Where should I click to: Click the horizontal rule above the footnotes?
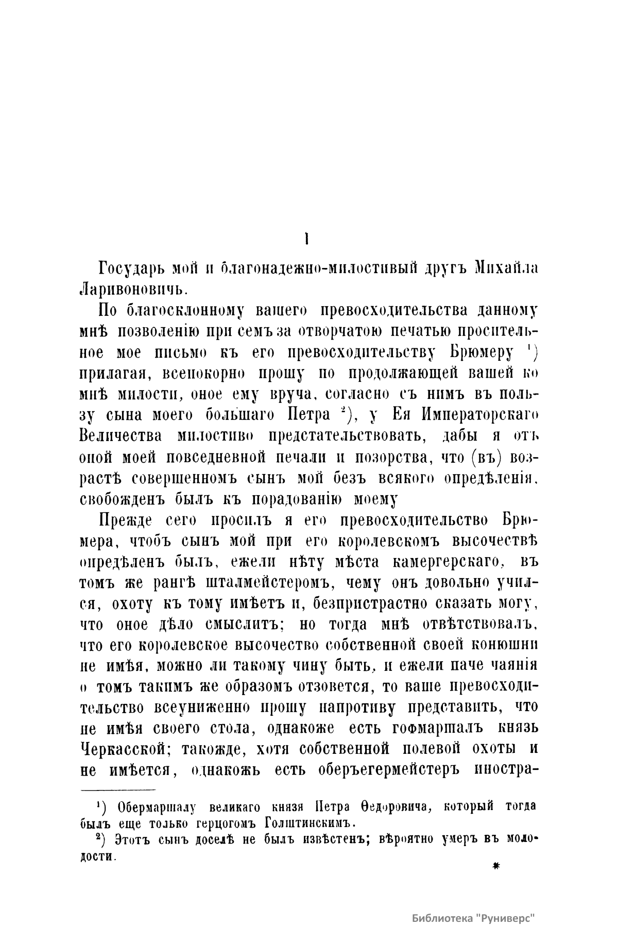[x=118, y=789]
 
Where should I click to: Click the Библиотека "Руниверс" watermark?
[x=474, y=918]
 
